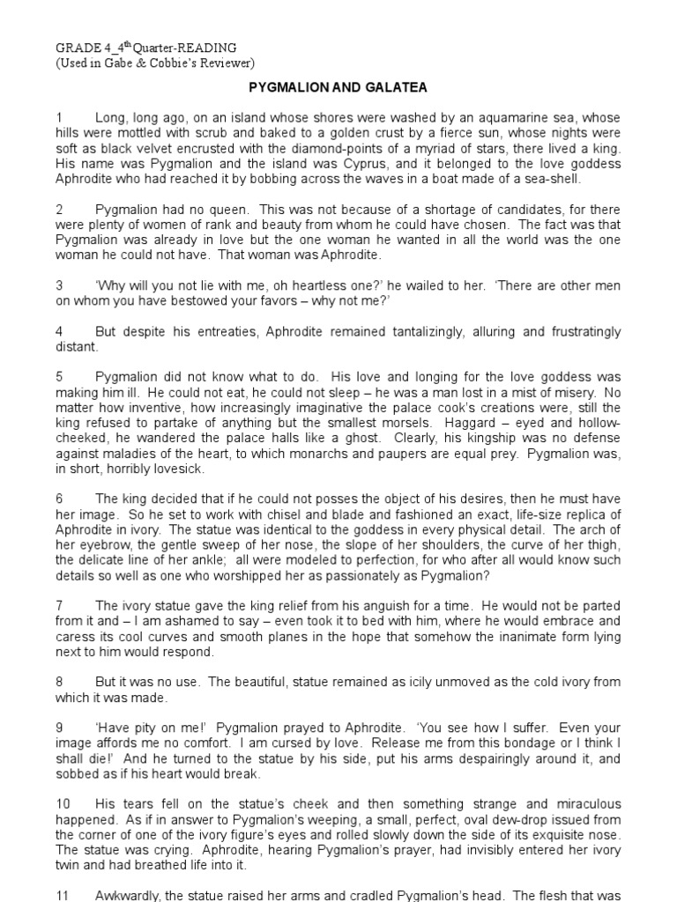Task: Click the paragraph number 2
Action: coord(60,209)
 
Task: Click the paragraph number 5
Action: coord(60,377)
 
